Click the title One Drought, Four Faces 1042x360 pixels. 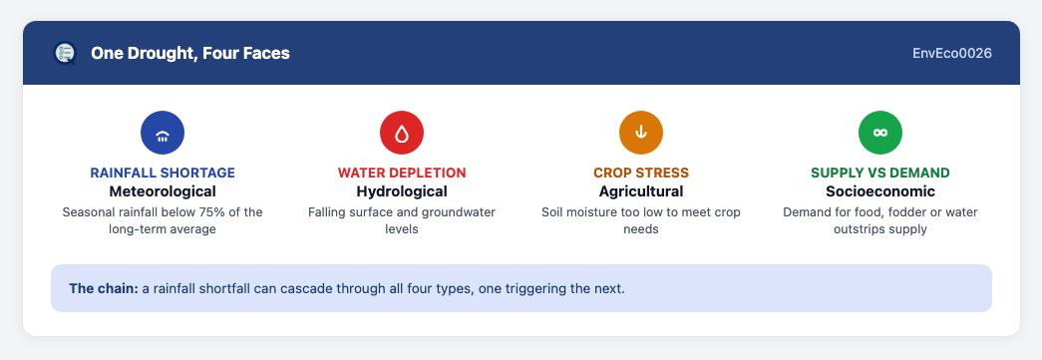[190, 53]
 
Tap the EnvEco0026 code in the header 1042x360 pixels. [952, 53]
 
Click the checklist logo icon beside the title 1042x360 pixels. [65, 53]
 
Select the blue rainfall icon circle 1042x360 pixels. [163, 133]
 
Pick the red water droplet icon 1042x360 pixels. [402, 133]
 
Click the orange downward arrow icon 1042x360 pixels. [640, 133]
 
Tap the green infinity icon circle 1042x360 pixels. [879, 133]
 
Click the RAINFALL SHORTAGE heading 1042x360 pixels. [163, 174]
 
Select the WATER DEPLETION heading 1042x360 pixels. [402, 174]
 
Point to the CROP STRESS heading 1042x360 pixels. [640, 174]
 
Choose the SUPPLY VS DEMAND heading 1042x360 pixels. [879, 174]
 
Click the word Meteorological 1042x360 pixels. [163, 191]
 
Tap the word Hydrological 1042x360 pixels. [402, 191]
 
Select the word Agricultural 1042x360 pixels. [640, 191]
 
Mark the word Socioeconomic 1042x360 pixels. [879, 191]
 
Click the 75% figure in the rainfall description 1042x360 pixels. [207, 212]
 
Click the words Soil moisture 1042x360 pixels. [579, 212]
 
